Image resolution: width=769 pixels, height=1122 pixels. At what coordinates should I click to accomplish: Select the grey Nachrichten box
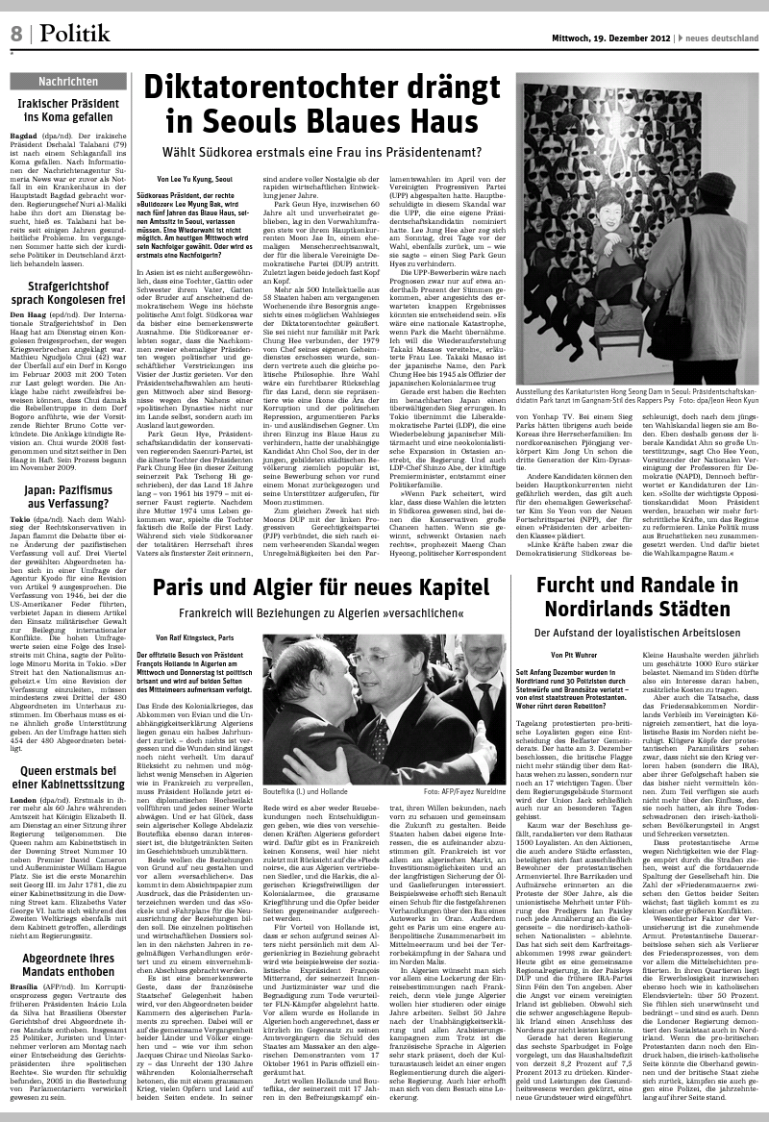click(x=69, y=82)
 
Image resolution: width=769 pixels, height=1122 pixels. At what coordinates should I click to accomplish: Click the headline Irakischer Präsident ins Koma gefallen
click(x=69, y=111)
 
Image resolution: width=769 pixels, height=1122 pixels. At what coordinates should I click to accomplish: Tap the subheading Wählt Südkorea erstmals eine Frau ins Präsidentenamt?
click(x=321, y=153)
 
